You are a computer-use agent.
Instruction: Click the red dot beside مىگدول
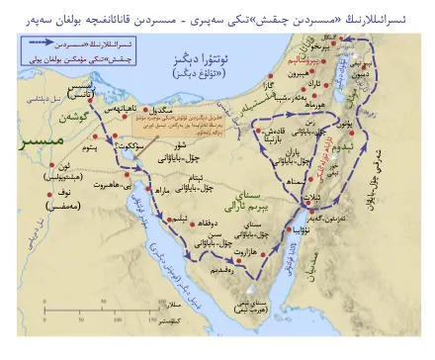[146, 108]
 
